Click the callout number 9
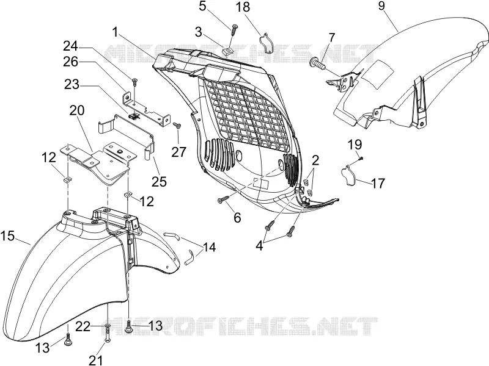pyautogui.click(x=381, y=6)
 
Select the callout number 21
pyautogui.click(x=96, y=360)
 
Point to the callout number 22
pyautogui.click(x=83, y=326)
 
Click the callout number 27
pyautogui.click(x=178, y=152)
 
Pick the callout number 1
pyautogui.click(x=116, y=32)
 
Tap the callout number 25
pyautogui.click(x=160, y=181)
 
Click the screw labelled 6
pyautogui.click(x=222, y=199)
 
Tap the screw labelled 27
pyautogui.click(x=177, y=125)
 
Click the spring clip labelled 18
pyautogui.click(x=266, y=43)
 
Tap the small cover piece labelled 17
pyautogui.click(x=347, y=174)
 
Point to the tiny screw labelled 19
pyautogui.click(x=361, y=159)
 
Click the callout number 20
pyautogui.click(x=77, y=110)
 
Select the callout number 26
pyautogui.click(x=70, y=62)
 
